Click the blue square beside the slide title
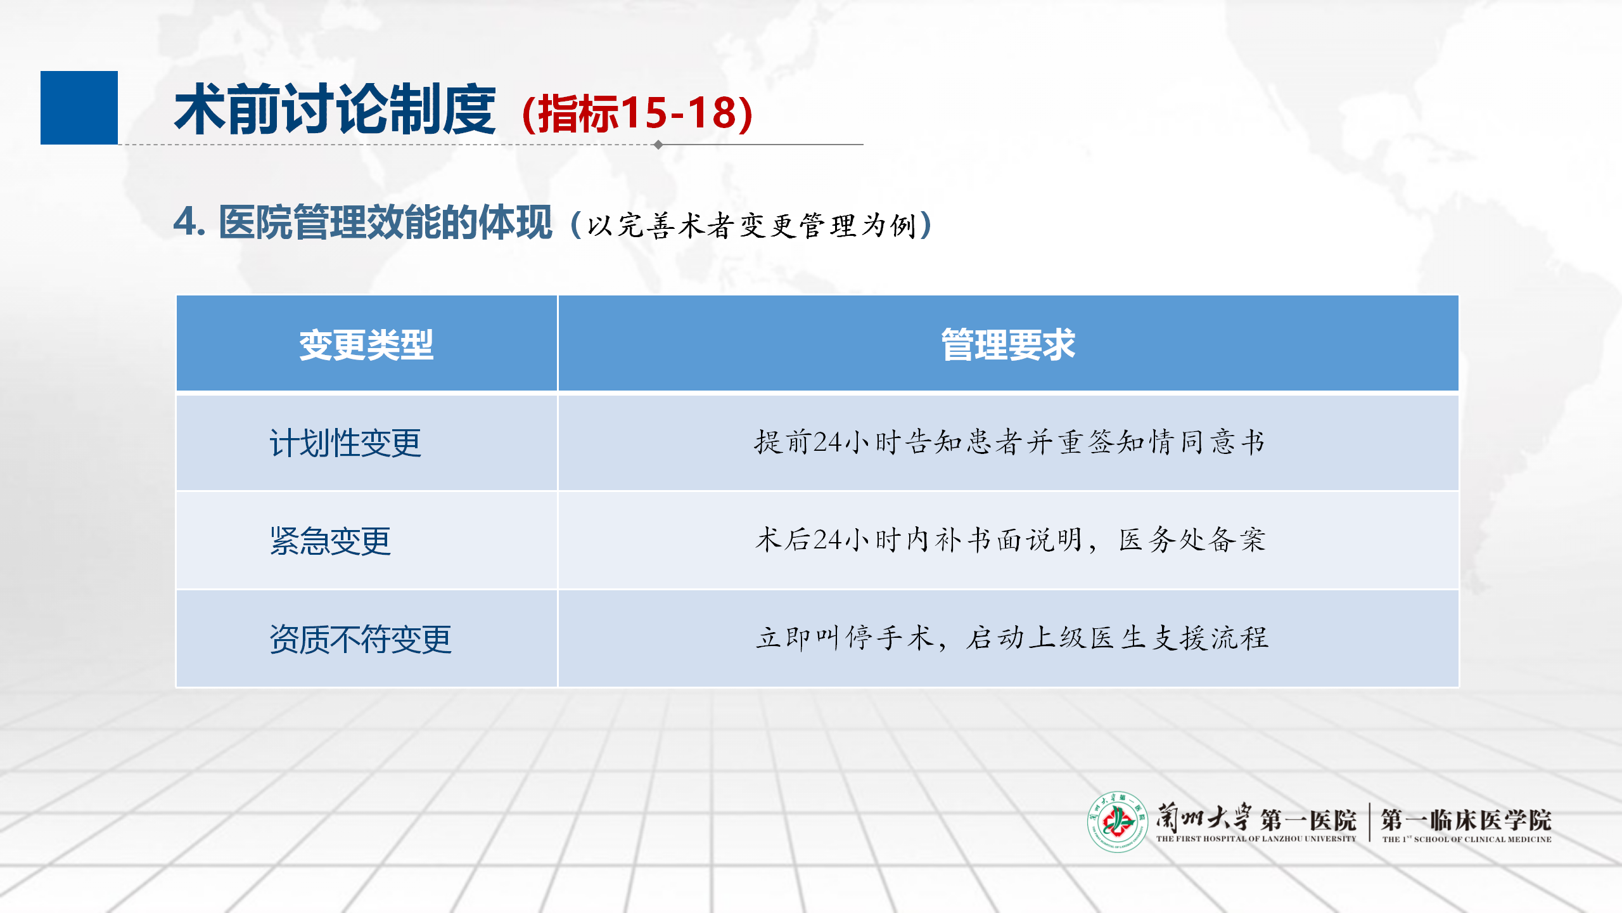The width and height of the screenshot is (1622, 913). pos(79,108)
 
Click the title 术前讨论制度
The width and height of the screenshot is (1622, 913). pos(335,110)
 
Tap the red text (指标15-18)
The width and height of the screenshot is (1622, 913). pos(637,113)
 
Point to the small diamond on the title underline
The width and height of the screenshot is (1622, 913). pos(658,145)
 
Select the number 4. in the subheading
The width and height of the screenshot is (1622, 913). pos(189,222)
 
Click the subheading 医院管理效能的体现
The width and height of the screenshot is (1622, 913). pos(385,223)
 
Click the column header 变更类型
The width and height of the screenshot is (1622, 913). pos(366,345)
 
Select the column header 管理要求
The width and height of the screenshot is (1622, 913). pos(1008,345)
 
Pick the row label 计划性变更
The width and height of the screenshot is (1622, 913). pos(345,443)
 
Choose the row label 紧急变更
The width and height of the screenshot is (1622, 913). pos(330,541)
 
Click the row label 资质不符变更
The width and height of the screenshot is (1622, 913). pos(361,639)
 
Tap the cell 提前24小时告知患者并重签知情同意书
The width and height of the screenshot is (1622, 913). pos(1009,442)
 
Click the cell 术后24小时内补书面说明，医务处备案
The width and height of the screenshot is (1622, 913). pos(1010,540)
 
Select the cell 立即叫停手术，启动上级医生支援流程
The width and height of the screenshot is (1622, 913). pos(1012,638)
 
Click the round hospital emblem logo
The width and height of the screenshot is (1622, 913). pos(1118,822)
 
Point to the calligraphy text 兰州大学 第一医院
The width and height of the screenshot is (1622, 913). pos(1256,818)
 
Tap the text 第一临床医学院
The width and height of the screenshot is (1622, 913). pos(1466,820)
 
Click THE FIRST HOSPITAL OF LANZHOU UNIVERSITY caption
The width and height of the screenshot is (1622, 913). pos(1256,839)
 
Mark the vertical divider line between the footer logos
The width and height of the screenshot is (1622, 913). pos(1369,822)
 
